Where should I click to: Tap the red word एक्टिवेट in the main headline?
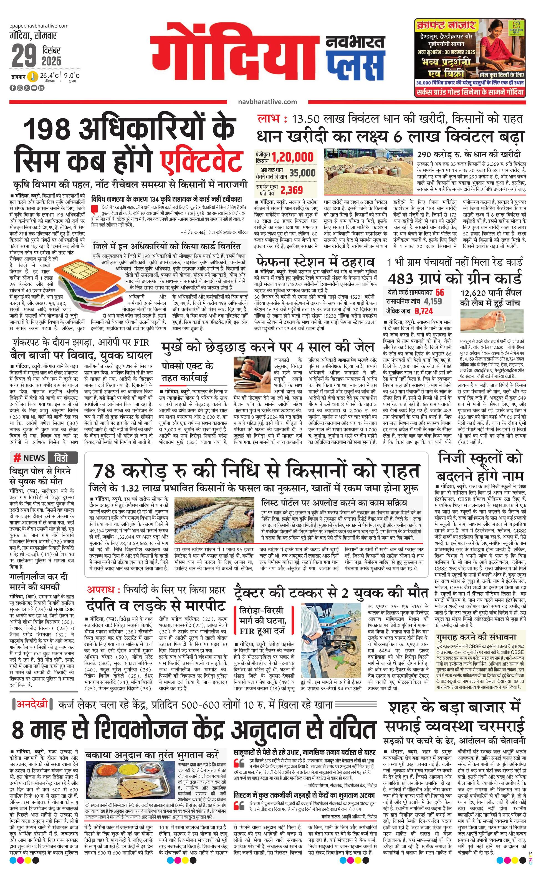coord(201,161)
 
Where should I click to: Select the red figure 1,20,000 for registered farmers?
coord(292,157)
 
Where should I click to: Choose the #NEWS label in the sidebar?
coord(29,458)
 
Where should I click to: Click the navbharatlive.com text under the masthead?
coord(268,102)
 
